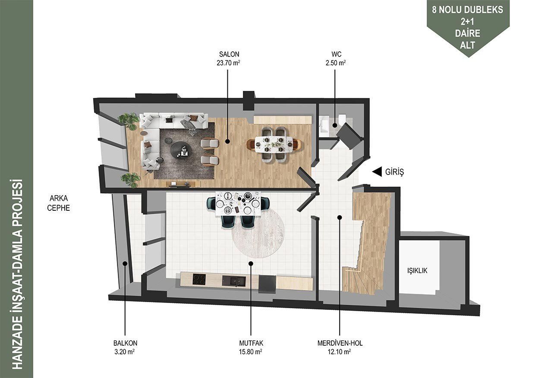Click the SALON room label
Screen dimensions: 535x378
[229, 54]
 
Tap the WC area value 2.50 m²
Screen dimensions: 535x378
[336, 63]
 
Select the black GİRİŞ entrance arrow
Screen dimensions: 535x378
[377, 172]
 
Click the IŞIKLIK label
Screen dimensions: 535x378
[417, 271]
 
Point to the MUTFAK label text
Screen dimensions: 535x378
[251, 343]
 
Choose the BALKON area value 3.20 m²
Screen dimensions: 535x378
[124, 352]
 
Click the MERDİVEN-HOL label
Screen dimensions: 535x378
[340, 343]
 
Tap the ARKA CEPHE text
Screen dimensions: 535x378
[59, 203]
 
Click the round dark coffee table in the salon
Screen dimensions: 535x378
[180, 150]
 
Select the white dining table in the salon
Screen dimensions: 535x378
[274, 144]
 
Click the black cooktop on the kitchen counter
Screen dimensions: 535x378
[199, 279]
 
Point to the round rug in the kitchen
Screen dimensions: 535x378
[258, 233]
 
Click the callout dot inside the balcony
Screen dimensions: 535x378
[125, 263]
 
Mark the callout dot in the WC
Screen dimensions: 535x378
[335, 125]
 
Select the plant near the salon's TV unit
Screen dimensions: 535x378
[131, 180]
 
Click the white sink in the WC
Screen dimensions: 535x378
[325, 126]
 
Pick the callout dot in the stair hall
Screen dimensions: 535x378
[340, 217]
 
